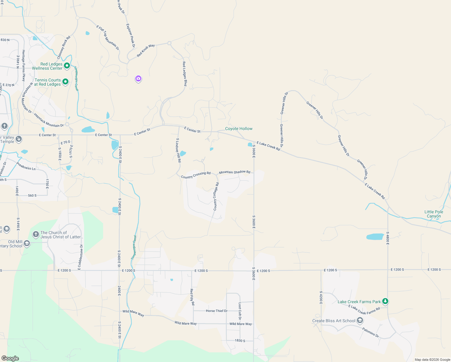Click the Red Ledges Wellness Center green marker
[67, 65]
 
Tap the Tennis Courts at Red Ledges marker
[65, 81]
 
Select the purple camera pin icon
[138, 79]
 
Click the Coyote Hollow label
[239, 129]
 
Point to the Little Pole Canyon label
[434, 214]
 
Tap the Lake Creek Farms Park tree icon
[385, 301]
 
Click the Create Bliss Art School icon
[360, 320]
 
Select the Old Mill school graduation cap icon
[27, 243]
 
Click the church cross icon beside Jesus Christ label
[36, 234]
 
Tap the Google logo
[10, 358]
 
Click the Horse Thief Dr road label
[216, 311]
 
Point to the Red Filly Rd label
[192, 297]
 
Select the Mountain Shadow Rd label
[235, 172]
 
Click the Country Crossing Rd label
[196, 175]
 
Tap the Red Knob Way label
[146, 50]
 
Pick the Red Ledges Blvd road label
[184, 74]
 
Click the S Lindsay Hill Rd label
[178, 150]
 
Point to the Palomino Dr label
[371, 332]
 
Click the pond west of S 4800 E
[375, 237]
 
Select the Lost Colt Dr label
[240, 311]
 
